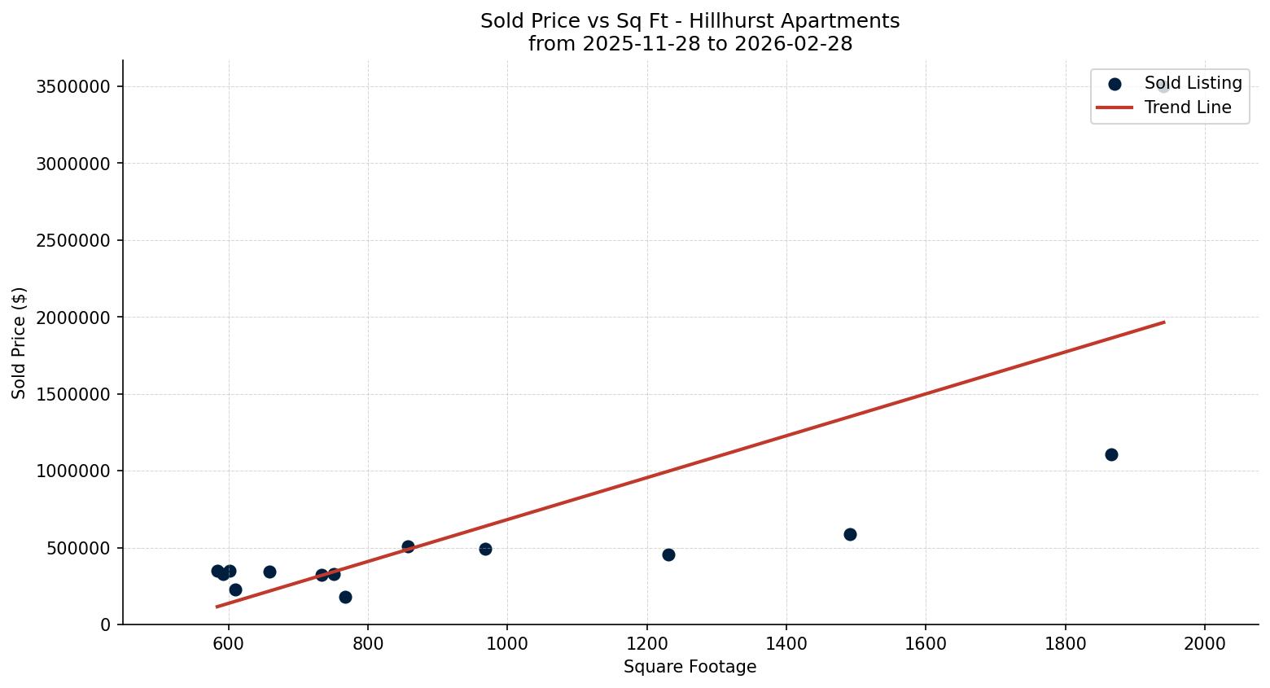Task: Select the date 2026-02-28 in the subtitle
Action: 793,44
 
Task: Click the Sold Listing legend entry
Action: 1192,83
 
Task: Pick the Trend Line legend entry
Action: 1187,107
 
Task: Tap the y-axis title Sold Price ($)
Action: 19,343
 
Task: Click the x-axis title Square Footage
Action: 690,668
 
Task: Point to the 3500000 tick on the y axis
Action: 73,87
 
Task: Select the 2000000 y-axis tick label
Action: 73,318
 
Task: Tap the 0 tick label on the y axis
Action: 105,625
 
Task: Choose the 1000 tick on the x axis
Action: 507,643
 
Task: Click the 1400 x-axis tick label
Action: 786,643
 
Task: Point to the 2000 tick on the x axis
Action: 1205,643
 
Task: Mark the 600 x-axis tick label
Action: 229,643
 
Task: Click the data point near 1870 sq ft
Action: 1111,454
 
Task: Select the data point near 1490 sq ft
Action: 850,534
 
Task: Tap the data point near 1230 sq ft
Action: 668,554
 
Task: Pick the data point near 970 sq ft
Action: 485,549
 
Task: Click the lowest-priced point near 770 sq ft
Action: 345,597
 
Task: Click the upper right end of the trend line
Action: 1164,322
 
